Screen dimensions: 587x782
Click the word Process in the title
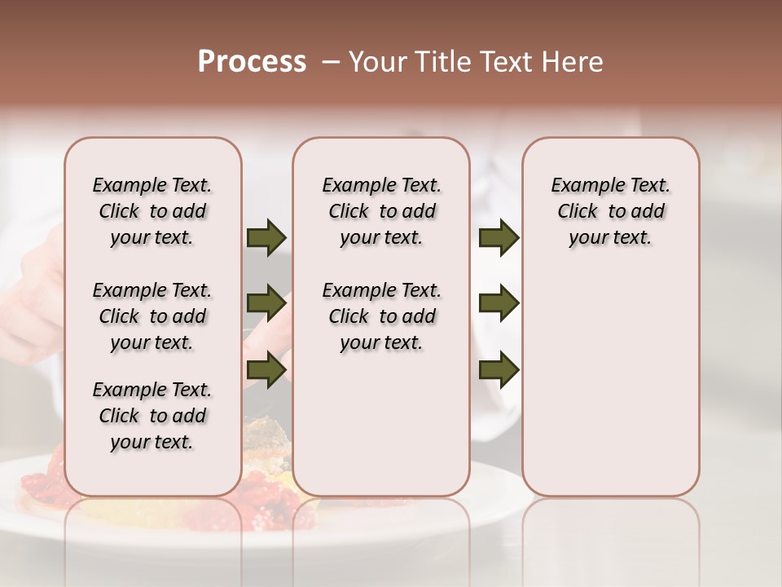click(252, 62)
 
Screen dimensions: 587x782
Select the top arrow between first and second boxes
click(266, 238)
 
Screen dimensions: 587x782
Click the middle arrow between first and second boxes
click(266, 304)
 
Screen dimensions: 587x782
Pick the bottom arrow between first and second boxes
click(266, 369)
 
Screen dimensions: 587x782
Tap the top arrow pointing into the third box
click(499, 238)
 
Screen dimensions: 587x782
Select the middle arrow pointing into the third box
click(499, 304)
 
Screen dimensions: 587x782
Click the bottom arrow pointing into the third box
click(499, 369)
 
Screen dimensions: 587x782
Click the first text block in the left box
click(152, 211)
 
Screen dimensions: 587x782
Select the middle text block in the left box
click(152, 316)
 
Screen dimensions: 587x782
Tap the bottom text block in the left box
click(152, 416)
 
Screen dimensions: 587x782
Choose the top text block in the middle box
click(381, 211)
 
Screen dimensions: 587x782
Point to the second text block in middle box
click(381, 316)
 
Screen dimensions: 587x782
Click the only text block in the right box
click(610, 211)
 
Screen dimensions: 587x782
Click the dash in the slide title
click(331, 62)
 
